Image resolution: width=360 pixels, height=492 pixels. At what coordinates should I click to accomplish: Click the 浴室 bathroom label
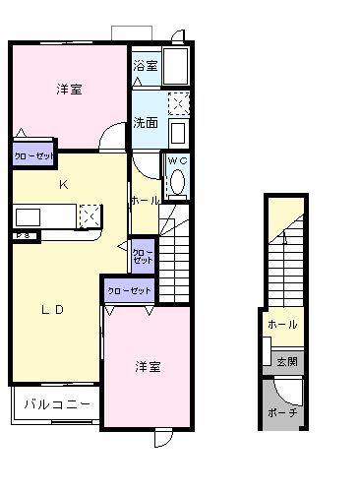145,66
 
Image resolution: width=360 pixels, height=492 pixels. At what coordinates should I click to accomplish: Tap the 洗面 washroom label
145,123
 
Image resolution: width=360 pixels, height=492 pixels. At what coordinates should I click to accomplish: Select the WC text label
177,160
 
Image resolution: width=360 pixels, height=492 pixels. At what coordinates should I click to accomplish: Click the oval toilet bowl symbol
178,182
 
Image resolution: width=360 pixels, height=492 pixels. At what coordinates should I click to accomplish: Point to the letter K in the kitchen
62,185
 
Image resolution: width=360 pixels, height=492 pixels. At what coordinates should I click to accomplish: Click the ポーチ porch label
282,412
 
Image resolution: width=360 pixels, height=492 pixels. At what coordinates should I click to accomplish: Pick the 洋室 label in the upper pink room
69,89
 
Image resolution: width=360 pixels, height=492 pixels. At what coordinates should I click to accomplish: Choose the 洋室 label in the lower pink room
148,366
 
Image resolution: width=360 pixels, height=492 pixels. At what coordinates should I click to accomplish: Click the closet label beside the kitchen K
33,155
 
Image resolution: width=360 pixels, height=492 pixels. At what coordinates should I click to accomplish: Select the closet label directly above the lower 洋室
130,290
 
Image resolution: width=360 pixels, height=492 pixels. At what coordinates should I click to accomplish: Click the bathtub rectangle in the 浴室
178,68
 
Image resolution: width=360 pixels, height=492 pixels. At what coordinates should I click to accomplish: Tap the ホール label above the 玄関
283,324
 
